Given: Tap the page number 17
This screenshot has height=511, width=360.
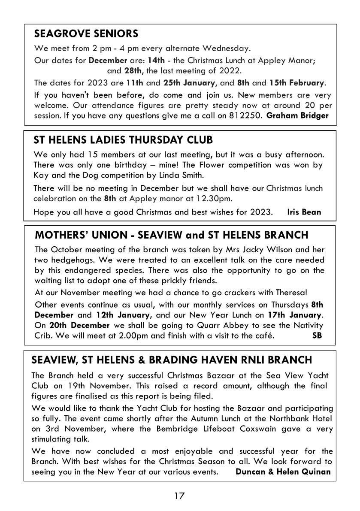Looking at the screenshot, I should click(x=179, y=496).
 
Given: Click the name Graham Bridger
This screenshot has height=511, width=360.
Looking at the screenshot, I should click(x=298, y=115).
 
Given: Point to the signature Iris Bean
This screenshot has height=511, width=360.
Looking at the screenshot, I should click(x=304, y=212).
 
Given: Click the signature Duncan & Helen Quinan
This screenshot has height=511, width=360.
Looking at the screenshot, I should click(x=284, y=472).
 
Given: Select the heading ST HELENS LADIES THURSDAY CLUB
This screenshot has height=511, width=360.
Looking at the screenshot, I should click(x=123, y=140).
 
